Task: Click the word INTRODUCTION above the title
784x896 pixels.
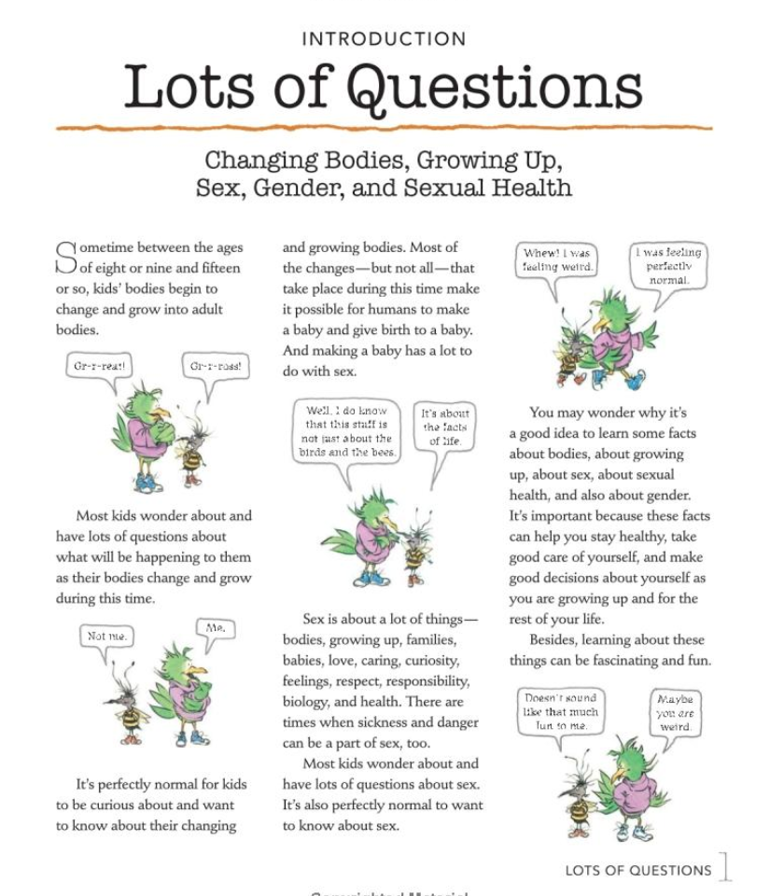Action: pos(385,39)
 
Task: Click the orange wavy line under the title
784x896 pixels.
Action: pos(385,127)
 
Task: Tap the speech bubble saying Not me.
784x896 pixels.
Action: pos(106,637)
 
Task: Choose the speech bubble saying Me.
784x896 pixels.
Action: pos(215,629)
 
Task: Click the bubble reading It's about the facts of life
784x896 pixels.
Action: pos(445,427)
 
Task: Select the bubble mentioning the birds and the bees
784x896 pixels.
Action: pos(347,431)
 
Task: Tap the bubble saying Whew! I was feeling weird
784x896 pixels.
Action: pos(558,259)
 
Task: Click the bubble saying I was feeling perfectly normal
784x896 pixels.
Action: pos(668,265)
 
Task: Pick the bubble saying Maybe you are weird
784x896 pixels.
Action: pos(673,712)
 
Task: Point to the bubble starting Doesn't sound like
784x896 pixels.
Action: pos(559,711)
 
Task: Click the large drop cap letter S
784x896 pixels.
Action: pos(65,258)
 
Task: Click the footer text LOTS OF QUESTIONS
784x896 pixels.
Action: pos(637,870)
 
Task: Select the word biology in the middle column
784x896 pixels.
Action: pos(308,702)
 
